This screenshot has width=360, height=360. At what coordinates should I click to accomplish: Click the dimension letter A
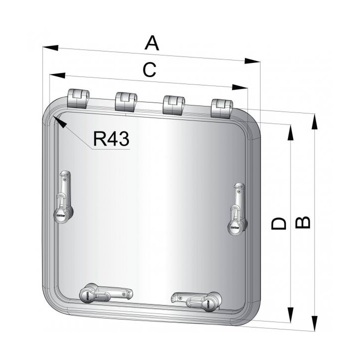(x=151, y=43)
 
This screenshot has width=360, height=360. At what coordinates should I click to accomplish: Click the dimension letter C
(x=148, y=70)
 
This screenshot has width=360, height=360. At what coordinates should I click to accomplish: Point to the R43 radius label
(x=111, y=138)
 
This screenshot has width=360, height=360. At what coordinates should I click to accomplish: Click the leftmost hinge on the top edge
(x=77, y=99)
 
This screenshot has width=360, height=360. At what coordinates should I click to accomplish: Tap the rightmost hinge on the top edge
(x=221, y=108)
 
